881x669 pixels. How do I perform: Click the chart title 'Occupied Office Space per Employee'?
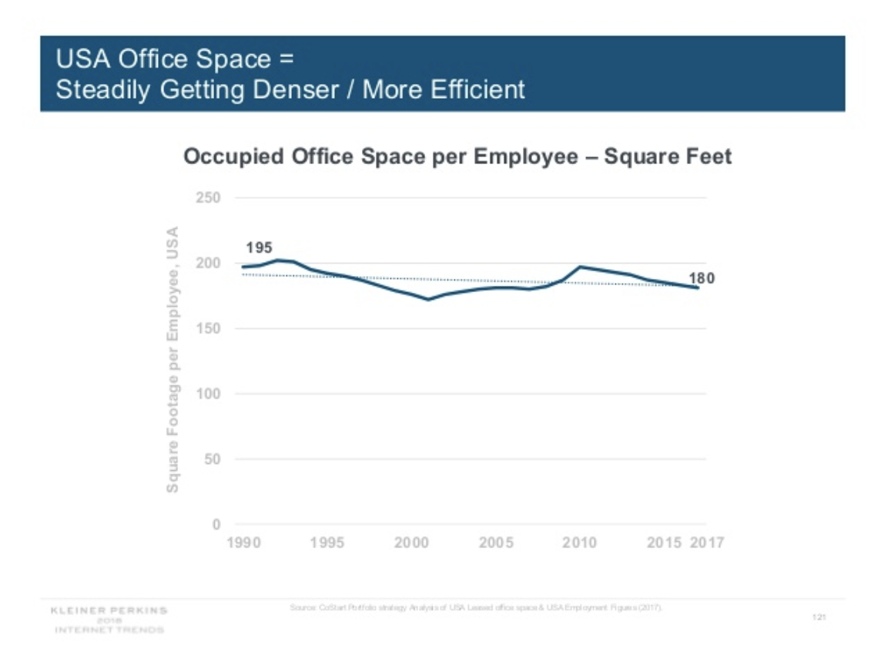coord(457,157)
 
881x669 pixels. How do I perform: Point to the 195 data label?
coord(259,247)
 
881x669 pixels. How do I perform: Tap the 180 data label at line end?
coord(702,278)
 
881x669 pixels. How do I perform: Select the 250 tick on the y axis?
coord(211,198)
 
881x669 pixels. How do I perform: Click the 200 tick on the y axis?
coord(211,264)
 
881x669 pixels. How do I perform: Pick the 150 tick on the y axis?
coord(211,329)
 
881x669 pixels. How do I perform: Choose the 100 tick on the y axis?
coord(211,395)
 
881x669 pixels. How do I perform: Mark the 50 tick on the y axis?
coord(214,460)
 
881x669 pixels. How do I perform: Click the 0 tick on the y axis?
coord(217,525)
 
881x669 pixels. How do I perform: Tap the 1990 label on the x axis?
coord(243,543)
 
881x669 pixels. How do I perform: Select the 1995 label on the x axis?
coord(327,543)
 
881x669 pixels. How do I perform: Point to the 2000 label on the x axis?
coord(411,543)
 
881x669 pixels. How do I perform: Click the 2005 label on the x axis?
coord(495,543)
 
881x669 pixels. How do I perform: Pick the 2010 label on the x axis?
coord(579,543)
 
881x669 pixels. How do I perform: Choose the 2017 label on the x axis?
coord(707,543)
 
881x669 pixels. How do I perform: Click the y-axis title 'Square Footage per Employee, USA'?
coord(173,359)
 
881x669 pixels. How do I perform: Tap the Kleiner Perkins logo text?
coord(109,610)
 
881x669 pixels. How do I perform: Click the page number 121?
coord(819,617)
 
